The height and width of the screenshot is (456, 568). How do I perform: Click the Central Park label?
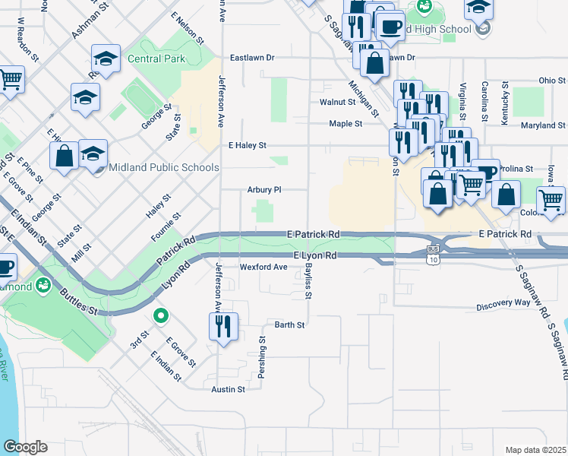coord(156,58)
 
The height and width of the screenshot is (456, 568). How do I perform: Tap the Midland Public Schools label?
coord(163,167)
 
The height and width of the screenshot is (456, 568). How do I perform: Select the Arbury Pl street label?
coord(264,190)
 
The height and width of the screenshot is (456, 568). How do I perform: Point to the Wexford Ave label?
coord(263,267)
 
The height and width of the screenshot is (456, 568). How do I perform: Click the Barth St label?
coord(289,325)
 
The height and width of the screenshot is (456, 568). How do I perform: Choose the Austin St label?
coord(229,389)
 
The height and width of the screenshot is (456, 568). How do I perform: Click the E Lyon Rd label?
coord(314,257)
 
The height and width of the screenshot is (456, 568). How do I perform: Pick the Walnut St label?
coord(338,101)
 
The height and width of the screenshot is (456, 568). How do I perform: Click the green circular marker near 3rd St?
coord(160,315)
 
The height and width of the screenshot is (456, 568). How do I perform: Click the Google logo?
coord(24,447)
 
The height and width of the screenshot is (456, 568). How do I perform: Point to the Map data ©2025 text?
coord(535,450)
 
